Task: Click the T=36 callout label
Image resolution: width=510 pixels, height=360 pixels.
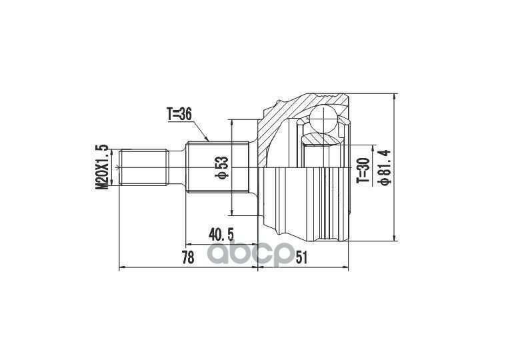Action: click(x=179, y=114)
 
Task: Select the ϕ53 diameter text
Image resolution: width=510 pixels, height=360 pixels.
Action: click(x=222, y=168)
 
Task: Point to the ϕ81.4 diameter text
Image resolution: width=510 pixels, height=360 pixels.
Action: click(x=384, y=168)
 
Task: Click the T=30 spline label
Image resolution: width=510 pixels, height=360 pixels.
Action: click(x=363, y=170)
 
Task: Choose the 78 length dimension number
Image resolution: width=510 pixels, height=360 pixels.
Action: click(x=188, y=258)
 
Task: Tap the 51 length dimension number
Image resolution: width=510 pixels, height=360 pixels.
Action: click(x=301, y=258)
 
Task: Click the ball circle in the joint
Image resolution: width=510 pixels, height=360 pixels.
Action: click(x=323, y=119)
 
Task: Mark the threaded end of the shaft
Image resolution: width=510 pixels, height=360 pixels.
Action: click(x=144, y=167)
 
